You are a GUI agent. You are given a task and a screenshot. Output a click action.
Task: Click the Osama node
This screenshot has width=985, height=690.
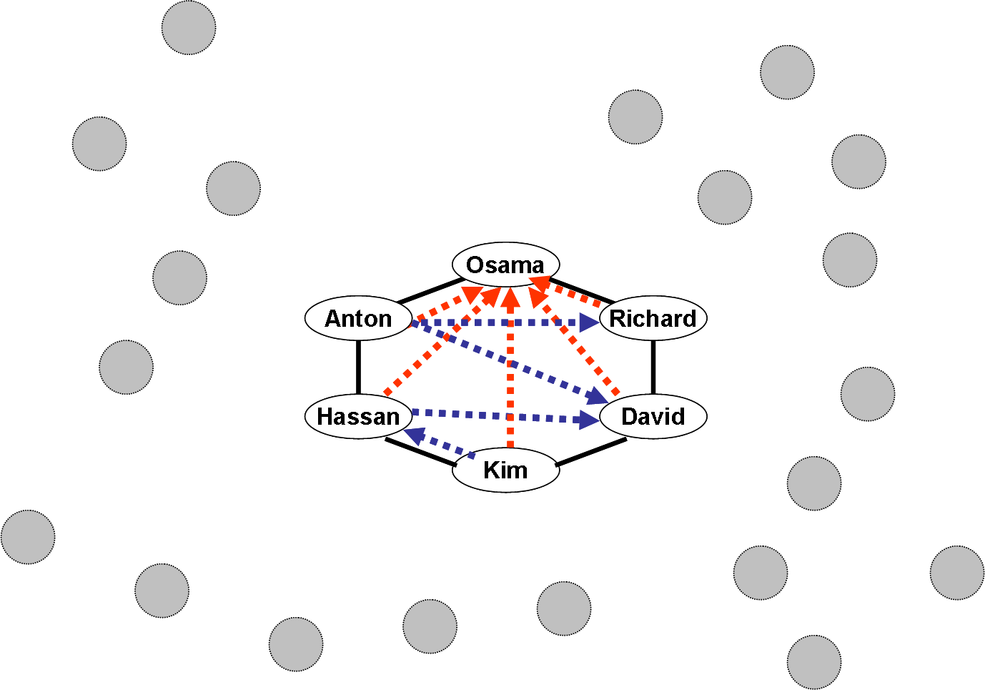505,265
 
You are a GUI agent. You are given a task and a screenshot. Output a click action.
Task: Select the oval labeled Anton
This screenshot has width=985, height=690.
358,318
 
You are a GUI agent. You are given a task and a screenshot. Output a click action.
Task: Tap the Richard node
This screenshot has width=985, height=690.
653,318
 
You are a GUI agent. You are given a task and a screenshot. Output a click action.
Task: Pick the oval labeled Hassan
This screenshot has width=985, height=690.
358,416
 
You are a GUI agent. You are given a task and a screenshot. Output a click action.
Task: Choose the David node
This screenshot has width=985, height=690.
653,416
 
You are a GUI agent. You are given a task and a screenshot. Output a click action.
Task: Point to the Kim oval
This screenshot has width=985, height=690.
505,470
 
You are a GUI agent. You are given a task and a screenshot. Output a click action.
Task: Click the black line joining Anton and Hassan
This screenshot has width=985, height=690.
358,367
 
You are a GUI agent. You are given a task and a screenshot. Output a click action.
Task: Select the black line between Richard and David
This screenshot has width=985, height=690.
653,367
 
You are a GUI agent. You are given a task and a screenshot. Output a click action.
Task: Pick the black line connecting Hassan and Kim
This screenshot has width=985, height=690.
420,453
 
